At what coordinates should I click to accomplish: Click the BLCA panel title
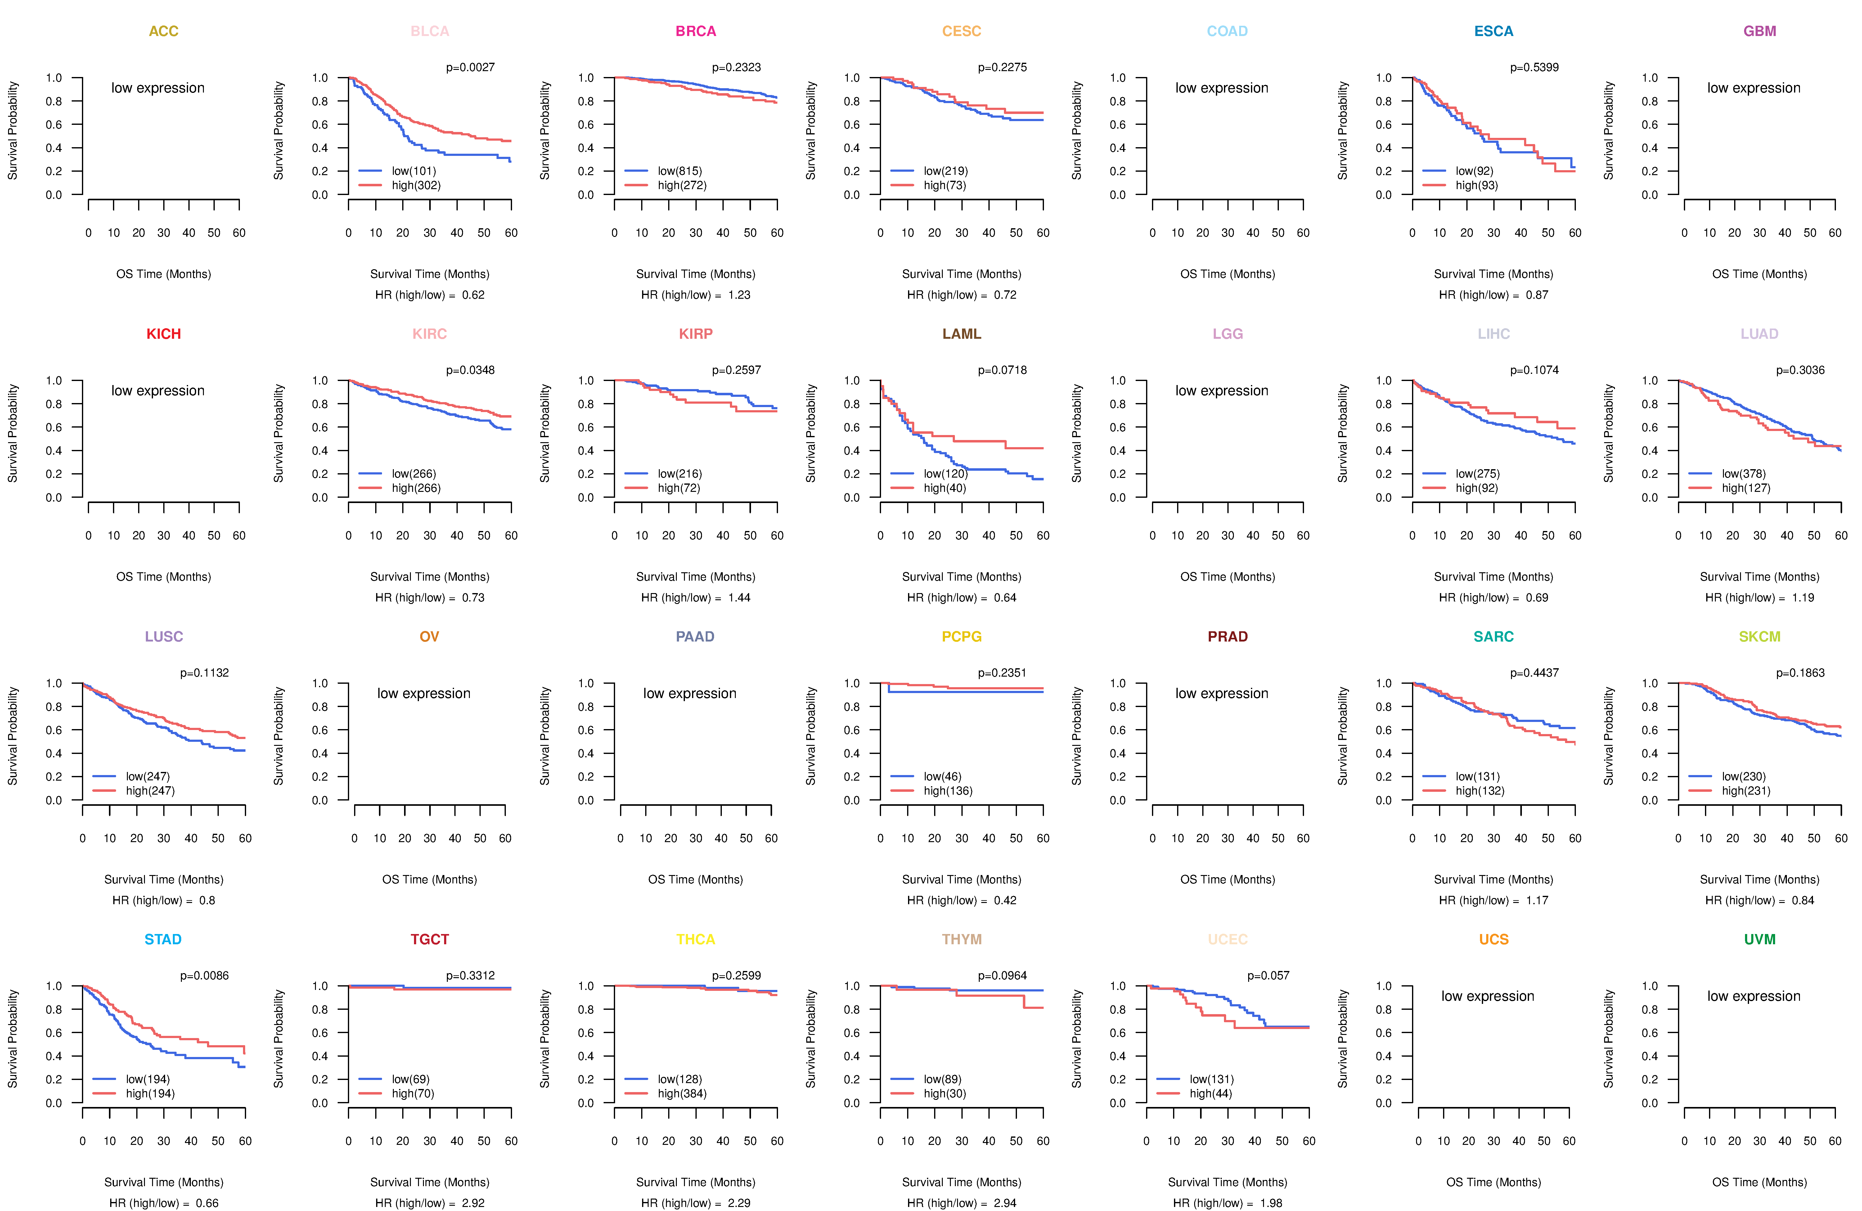(430, 31)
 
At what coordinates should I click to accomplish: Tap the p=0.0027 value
(470, 67)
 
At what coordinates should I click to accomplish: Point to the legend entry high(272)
(681, 185)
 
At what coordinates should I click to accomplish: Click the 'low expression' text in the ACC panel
(158, 88)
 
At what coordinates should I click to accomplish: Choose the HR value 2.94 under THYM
(1005, 1203)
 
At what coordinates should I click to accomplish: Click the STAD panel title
(163, 939)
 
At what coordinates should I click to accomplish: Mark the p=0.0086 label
(204, 975)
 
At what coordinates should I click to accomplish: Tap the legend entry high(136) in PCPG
(947, 791)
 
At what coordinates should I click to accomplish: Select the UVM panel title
(1760, 939)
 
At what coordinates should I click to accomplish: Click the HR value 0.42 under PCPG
(1005, 900)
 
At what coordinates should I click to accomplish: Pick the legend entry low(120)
(945, 474)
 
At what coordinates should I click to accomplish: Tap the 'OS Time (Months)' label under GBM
(1760, 274)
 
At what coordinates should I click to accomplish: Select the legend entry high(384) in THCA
(681, 1094)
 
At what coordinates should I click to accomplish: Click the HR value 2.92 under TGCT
(473, 1203)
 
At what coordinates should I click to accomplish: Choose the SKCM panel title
(1760, 637)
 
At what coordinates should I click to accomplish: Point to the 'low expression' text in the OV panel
(424, 694)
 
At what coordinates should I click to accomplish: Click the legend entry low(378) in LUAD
(1743, 474)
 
